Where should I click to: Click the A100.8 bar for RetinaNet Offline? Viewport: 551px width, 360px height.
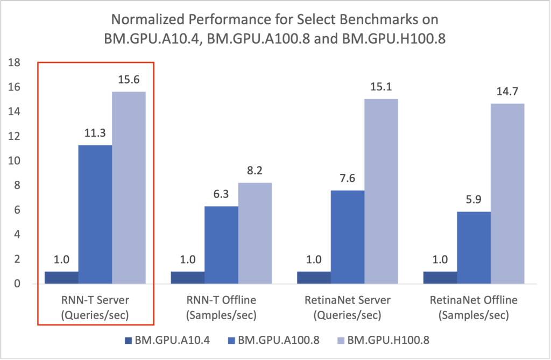coord(474,248)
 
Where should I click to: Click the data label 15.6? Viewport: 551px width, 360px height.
coord(129,79)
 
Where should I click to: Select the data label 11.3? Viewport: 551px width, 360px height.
coord(95,132)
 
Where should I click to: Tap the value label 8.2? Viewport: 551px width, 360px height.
coord(255,171)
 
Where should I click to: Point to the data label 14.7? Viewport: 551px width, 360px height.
coord(507,91)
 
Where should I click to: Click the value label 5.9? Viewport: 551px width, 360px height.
coord(474,199)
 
